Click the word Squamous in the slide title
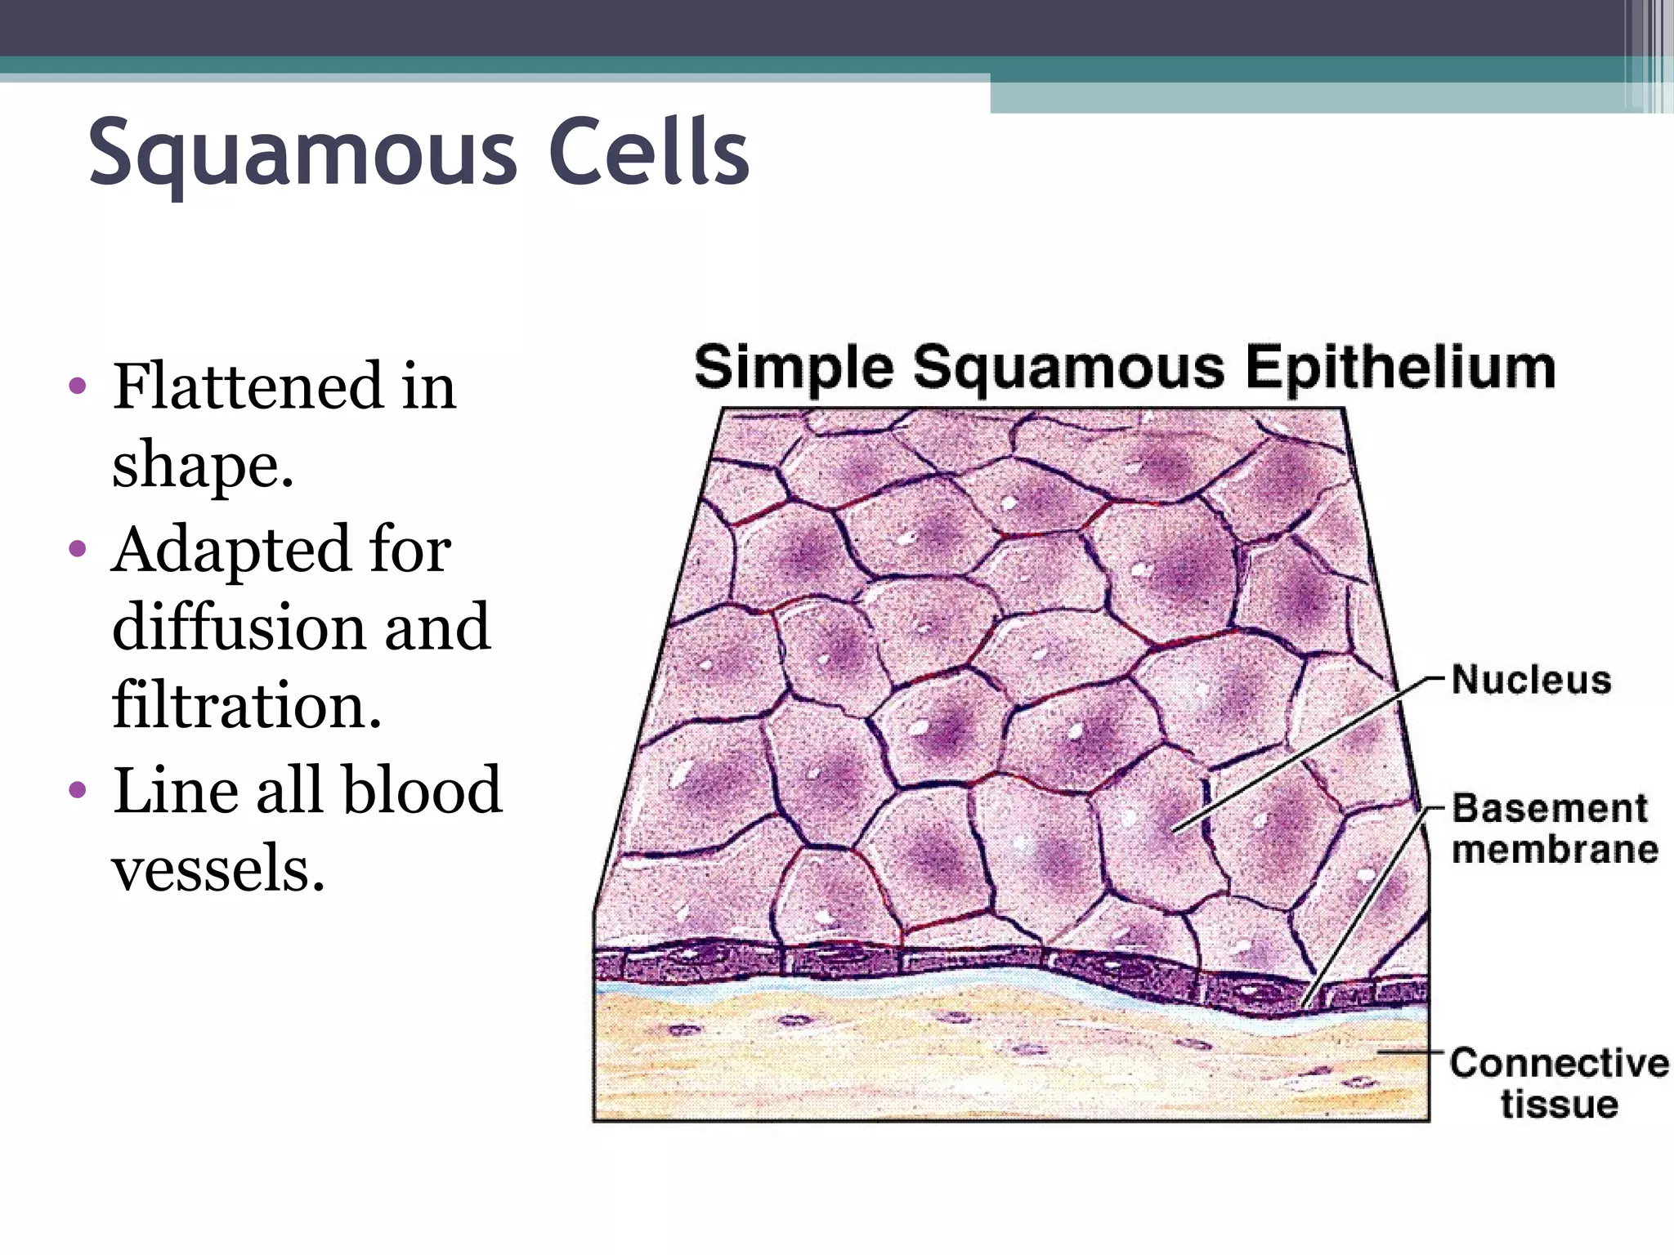pos(302,154)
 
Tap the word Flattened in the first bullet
pos(248,386)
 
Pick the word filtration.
pos(247,705)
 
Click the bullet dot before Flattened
pos(78,386)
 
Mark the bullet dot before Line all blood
pos(78,790)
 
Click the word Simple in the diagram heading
pos(793,368)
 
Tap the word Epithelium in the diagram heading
pos(1399,368)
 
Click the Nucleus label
pos(1531,680)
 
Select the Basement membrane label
pos(1553,828)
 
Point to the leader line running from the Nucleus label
pos(1308,752)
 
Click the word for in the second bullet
pos(410,549)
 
